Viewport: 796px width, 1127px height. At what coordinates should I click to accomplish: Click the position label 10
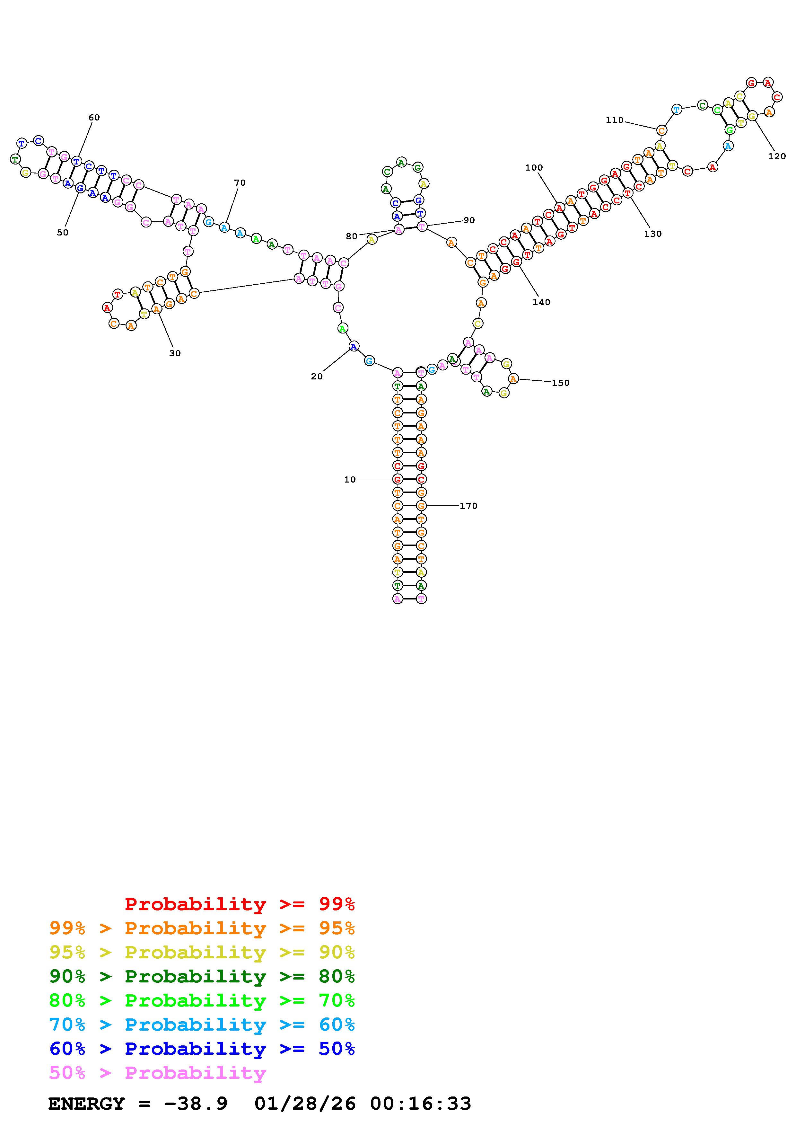350,480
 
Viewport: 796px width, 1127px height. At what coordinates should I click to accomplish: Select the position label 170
468,506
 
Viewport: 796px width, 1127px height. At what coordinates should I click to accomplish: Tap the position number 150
561,383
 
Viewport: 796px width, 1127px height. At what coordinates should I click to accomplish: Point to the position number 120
777,156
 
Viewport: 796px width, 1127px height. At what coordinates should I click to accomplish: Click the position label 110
615,120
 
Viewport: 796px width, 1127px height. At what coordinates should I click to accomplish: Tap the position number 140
541,302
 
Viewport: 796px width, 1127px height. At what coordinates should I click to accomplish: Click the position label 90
469,220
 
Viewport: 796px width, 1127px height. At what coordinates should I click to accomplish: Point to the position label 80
352,236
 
